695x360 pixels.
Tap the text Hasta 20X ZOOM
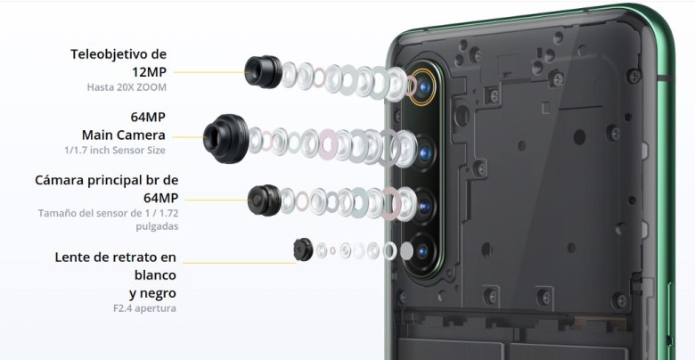[127, 87]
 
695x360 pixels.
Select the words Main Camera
[124, 135]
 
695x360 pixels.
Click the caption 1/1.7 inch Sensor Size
[115, 151]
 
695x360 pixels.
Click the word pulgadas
[158, 226]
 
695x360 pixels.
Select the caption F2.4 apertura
[144, 308]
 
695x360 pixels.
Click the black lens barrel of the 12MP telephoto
[263, 71]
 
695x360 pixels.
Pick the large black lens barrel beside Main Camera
[226, 138]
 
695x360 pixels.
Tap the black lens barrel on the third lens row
[265, 200]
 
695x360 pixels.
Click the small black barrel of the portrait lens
[303, 250]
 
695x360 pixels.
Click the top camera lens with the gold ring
[422, 87]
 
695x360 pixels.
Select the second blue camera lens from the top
[425, 153]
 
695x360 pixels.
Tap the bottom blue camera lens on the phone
[422, 251]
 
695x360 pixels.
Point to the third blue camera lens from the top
[424, 206]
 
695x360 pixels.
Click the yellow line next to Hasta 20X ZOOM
[209, 72]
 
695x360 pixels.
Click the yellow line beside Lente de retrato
[240, 263]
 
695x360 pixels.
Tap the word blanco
[155, 275]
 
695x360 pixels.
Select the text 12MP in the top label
[149, 72]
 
